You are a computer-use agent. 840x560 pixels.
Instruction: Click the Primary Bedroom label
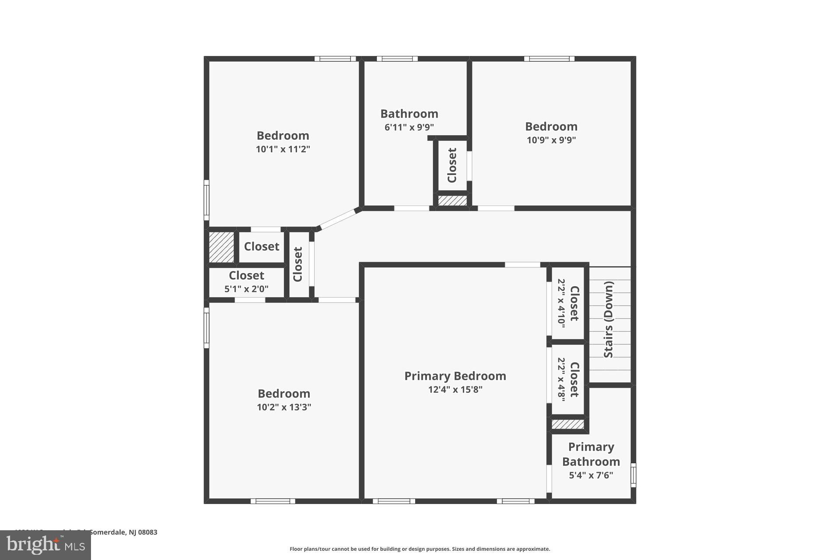455,376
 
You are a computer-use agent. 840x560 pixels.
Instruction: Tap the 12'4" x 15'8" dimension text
455,389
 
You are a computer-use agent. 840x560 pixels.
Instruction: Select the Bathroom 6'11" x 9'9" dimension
409,127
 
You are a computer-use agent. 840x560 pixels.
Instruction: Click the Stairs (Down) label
609,319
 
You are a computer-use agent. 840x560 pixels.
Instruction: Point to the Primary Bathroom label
591,454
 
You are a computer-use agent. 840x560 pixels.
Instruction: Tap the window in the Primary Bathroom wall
633,475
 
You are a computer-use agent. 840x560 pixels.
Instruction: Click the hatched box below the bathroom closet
452,200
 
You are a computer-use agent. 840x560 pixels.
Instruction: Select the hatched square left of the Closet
221,247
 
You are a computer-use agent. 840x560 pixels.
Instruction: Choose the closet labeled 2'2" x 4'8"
568,379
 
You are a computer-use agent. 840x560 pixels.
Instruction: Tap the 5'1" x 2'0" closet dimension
246,289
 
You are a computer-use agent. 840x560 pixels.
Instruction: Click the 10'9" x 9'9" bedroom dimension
551,140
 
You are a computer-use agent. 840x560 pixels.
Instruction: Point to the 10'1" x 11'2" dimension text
283,149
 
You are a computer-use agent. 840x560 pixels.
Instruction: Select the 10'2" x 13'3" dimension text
284,407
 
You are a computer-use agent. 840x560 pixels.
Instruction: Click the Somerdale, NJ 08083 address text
122,532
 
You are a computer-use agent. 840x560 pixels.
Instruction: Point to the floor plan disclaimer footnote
420,549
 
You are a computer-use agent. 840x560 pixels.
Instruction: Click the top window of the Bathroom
397,59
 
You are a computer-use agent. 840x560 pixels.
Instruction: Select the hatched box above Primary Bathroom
567,424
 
